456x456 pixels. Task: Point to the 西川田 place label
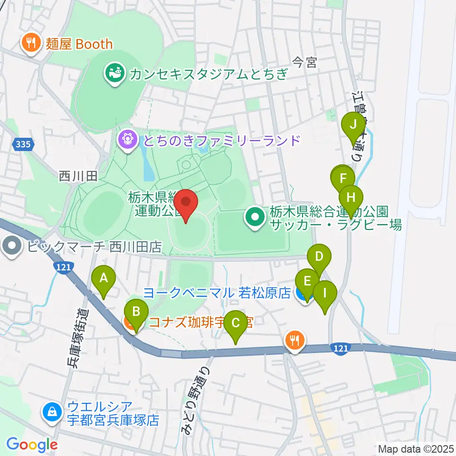pos(78,177)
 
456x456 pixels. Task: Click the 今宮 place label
pos(304,63)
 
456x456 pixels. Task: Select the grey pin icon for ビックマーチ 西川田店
pos(11,247)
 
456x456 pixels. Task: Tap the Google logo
pos(32,445)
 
